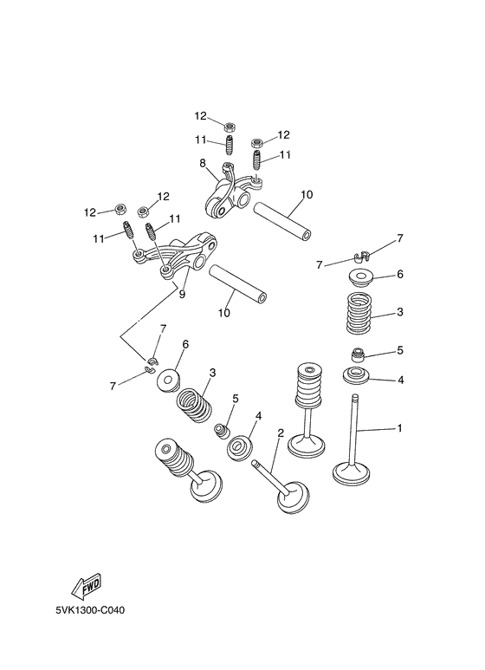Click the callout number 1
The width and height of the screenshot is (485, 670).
[399, 428]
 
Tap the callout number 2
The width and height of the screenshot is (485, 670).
[281, 433]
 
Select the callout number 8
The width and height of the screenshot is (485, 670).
[202, 163]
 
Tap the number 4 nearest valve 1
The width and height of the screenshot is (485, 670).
[400, 380]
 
